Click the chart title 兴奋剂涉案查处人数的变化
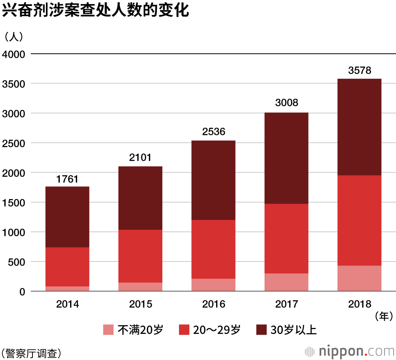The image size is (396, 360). tap(95, 11)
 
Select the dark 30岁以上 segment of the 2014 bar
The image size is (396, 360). tap(67, 217)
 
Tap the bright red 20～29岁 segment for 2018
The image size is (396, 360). tap(359, 220)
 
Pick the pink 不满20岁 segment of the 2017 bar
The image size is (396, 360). tap(286, 282)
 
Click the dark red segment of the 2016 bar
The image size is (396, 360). tap(213, 180)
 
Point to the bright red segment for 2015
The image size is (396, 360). tap(141, 256)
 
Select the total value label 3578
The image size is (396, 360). tap(360, 71)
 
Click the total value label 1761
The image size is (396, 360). tap(67, 179)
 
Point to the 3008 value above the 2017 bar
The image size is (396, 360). tap(286, 104)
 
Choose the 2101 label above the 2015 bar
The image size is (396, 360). tap(141, 158)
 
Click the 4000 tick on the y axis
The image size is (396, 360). tap(13, 54)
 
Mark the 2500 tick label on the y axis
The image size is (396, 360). tap(13, 143)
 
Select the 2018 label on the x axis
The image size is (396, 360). tap(360, 304)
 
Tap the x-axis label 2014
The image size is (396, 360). tap(67, 304)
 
